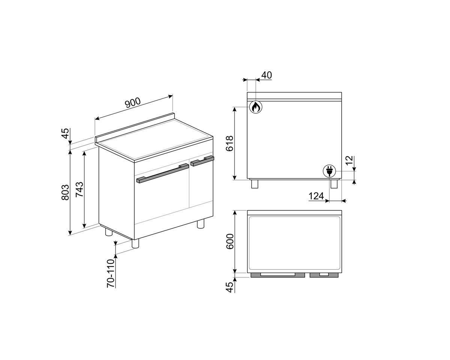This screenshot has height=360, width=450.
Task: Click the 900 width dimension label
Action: [x=133, y=102]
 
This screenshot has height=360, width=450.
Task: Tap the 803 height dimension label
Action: [x=65, y=192]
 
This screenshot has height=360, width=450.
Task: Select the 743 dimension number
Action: [x=79, y=189]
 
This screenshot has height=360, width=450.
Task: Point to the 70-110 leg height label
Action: [x=111, y=273]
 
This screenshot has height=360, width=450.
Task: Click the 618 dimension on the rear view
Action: [x=229, y=143]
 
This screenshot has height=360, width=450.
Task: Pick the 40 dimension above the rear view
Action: [x=267, y=75]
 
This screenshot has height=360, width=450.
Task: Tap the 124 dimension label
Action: [x=316, y=196]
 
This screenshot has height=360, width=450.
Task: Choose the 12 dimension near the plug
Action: [x=349, y=160]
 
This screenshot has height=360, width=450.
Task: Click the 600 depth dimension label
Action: [x=230, y=241]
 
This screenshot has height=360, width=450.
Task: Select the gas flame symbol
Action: [x=256, y=107]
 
